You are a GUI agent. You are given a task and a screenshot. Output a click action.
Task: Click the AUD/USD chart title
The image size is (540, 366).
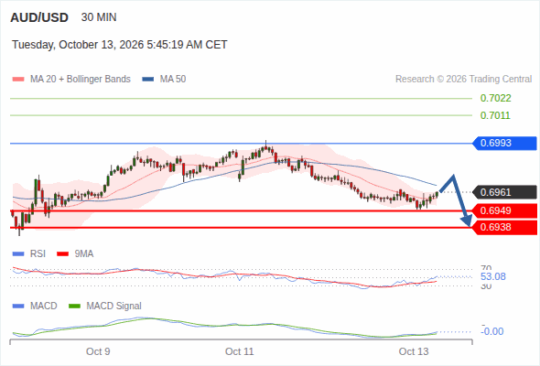point(39,17)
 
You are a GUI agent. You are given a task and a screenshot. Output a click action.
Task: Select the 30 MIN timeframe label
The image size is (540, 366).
point(99,17)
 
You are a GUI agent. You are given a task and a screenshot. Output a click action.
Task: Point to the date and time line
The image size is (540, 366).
point(120,45)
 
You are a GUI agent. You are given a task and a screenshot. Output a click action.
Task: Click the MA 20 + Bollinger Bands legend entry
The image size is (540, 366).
point(71,80)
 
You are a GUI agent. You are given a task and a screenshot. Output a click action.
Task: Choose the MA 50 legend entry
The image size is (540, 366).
point(164,80)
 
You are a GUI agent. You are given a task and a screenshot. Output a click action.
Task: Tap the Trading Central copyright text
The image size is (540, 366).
point(463,80)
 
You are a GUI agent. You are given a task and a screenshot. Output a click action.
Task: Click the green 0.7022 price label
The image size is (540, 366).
point(495,99)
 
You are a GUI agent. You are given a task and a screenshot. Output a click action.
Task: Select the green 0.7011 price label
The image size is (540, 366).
point(495,115)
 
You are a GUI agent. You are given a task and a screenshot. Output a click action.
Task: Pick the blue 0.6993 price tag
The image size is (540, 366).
point(504,143)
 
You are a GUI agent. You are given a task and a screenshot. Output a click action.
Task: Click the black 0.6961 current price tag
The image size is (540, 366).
point(504,192)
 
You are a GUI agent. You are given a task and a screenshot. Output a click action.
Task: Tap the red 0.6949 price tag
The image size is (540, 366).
point(504,210)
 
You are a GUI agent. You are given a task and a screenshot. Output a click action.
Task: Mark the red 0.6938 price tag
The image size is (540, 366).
point(504,227)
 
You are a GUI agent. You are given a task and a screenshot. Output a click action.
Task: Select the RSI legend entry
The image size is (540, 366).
point(29,253)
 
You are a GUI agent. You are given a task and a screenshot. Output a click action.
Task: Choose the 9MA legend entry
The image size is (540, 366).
point(75,253)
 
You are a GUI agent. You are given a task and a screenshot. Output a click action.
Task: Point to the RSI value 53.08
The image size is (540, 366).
point(493,276)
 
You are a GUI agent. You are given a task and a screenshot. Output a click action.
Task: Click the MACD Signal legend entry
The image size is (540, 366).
point(105,306)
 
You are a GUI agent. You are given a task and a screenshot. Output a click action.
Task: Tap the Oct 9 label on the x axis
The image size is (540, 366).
point(98,351)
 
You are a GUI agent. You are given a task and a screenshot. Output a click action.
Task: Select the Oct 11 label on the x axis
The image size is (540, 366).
point(240,351)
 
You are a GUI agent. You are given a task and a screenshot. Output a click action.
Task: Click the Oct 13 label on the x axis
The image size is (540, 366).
point(414,351)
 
